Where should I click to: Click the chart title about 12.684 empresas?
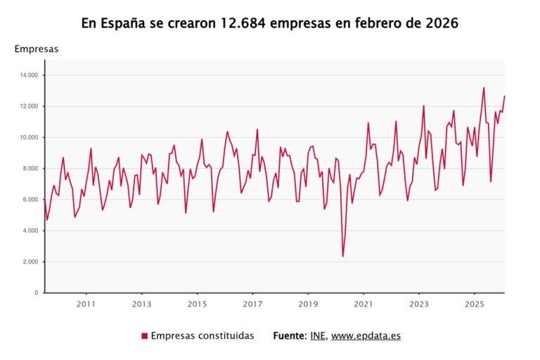270,23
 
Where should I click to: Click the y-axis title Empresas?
37,49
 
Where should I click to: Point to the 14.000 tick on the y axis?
28,75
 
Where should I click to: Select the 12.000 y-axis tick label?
28,106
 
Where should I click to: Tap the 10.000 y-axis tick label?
28,137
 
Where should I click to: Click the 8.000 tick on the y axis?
30,168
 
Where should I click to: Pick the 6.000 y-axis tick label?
30,200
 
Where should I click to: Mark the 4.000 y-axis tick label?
30,231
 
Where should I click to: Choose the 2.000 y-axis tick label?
30,262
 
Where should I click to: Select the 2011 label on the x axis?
86,304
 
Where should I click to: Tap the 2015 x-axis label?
197,304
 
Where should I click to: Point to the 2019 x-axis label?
308,304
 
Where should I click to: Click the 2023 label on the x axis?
419,304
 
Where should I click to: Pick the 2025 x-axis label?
475,304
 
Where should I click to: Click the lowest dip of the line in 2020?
342,256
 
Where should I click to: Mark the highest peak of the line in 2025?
484,88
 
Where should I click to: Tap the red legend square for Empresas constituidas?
144,336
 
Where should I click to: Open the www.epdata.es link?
366,336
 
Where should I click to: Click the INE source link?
317,336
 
